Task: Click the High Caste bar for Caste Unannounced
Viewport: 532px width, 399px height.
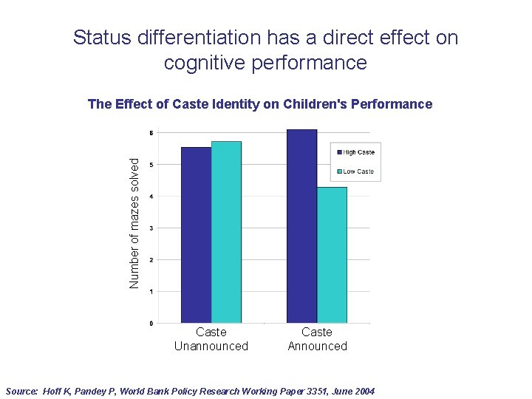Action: [x=196, y=235]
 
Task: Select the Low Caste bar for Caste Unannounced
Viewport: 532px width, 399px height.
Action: [x=226, y=232]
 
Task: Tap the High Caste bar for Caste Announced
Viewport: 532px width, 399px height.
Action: [x=301, y=226]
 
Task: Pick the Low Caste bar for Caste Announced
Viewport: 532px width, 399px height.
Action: [x=332, y=255]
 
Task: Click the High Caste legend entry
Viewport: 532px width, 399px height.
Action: [x=358, y=152]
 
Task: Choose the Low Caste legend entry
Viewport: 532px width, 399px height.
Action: [x=358, y=171]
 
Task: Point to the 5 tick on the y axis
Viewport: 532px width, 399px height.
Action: [x=151, y=165]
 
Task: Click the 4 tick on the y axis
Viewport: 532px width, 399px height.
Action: [x=151, y=197]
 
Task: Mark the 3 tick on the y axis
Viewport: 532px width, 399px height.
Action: [x=151, y=228]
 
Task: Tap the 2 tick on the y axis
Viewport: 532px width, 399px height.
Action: [x=151, y=260]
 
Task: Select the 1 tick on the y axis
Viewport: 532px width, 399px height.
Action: [x=151, y=292]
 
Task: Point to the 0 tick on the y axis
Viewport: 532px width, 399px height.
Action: [x=151, y=324]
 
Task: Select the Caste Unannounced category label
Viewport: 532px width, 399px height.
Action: [x=211, y=339]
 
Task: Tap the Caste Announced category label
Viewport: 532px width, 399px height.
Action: [x=317, y=339]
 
